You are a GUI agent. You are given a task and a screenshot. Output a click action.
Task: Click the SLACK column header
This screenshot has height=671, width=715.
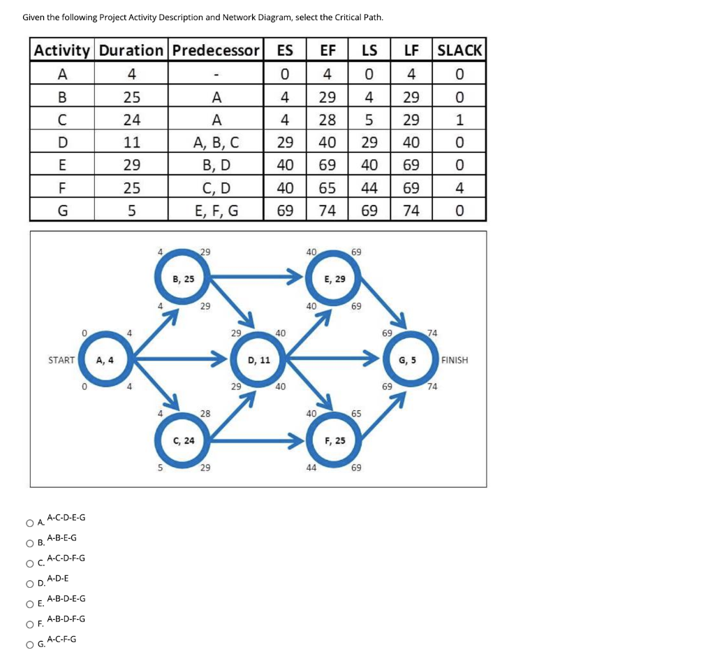(x=459, y=50)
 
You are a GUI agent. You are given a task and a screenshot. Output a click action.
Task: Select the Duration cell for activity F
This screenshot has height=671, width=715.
(x=132, y=188)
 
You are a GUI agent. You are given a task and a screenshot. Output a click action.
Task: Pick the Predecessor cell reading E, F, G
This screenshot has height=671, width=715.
(x=216, y=210)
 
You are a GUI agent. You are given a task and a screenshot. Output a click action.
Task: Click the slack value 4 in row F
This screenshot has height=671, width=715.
(x=459, y=188)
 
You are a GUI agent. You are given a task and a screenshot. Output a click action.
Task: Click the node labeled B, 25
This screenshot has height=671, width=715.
(x=184, y=279)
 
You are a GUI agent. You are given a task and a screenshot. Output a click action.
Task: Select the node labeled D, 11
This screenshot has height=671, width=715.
(x=259, y=360)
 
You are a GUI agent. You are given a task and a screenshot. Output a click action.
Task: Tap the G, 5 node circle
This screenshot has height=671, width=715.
(x=407, y=360)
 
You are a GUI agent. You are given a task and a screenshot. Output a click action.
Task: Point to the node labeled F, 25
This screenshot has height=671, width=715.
(x=335, y=440)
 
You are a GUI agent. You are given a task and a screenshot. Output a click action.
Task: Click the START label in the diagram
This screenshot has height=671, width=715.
(x=61, y=360)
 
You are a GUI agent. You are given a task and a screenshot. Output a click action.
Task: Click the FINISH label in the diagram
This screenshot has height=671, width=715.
(x=455, y=360)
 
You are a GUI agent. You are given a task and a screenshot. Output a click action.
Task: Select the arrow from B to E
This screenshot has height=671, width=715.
(x=255, y=279)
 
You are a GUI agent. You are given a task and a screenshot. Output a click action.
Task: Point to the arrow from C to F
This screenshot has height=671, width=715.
(x=255, y=440)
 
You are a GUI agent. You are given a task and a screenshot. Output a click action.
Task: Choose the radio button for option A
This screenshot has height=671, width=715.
(x=30, y=523)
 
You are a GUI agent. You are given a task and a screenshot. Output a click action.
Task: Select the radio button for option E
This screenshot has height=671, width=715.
(x=30, y=604)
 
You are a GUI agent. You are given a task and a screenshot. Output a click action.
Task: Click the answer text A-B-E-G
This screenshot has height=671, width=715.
(x=62, y=537)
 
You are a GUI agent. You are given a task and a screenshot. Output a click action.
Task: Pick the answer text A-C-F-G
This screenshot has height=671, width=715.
(x=62, y=639)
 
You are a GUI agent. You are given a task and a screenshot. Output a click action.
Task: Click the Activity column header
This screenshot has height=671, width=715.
(x=62, y=50)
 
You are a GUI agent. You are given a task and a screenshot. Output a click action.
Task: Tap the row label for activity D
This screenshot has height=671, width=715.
(x=62, y=143)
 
